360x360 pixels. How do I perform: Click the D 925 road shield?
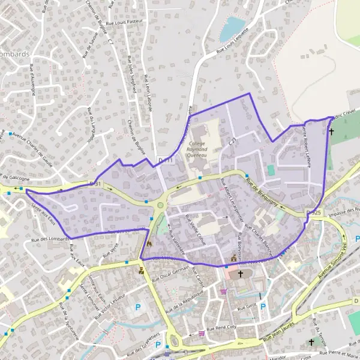pos(313,213)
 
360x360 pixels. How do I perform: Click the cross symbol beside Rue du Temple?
pos(311,342)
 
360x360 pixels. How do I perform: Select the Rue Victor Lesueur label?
pos(113,296)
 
